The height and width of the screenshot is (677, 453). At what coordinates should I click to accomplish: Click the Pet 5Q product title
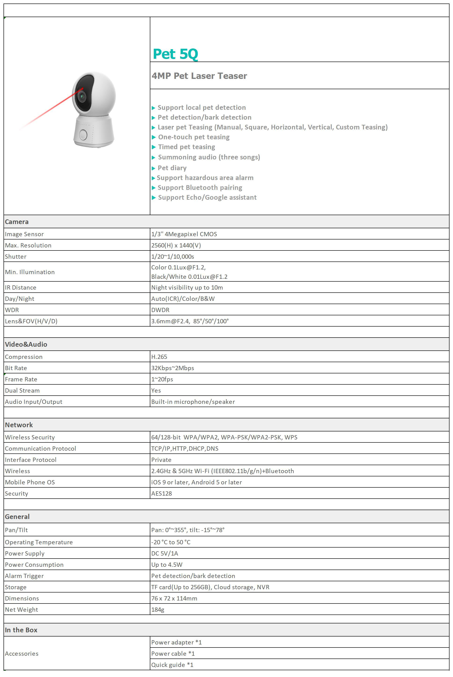pos(175,54)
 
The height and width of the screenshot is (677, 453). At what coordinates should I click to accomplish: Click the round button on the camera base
pos(83,135)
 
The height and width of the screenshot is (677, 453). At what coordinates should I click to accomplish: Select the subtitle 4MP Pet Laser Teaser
pos(199,76)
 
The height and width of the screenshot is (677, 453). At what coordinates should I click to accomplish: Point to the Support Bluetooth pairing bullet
pos(200,188)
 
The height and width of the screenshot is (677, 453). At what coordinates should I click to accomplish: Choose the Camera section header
pos(17,222)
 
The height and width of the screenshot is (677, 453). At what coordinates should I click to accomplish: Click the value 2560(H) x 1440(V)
pos(176,245)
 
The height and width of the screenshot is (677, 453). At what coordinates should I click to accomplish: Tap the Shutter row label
pos(16,257)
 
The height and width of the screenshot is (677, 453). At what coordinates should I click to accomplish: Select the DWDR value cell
pos(160,310)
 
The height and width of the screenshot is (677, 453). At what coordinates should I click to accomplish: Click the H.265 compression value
pos(159,357)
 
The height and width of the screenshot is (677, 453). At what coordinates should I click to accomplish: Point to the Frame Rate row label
pos(21,379)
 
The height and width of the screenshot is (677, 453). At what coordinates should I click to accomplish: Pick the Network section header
pos(19,425)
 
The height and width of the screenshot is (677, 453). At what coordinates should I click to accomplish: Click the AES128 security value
pos(162,493)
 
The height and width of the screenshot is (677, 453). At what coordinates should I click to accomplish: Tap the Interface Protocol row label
pos(31,460)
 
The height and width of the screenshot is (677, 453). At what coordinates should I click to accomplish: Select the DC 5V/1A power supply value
pos(165,553)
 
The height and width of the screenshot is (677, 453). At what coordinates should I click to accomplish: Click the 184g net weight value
pos(158,609)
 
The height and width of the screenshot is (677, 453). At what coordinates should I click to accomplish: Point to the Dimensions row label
pos(22,598)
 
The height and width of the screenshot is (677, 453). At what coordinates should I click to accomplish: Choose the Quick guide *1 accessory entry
pos(172,665)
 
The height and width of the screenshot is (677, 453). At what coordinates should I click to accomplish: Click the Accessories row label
pos(22,653)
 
